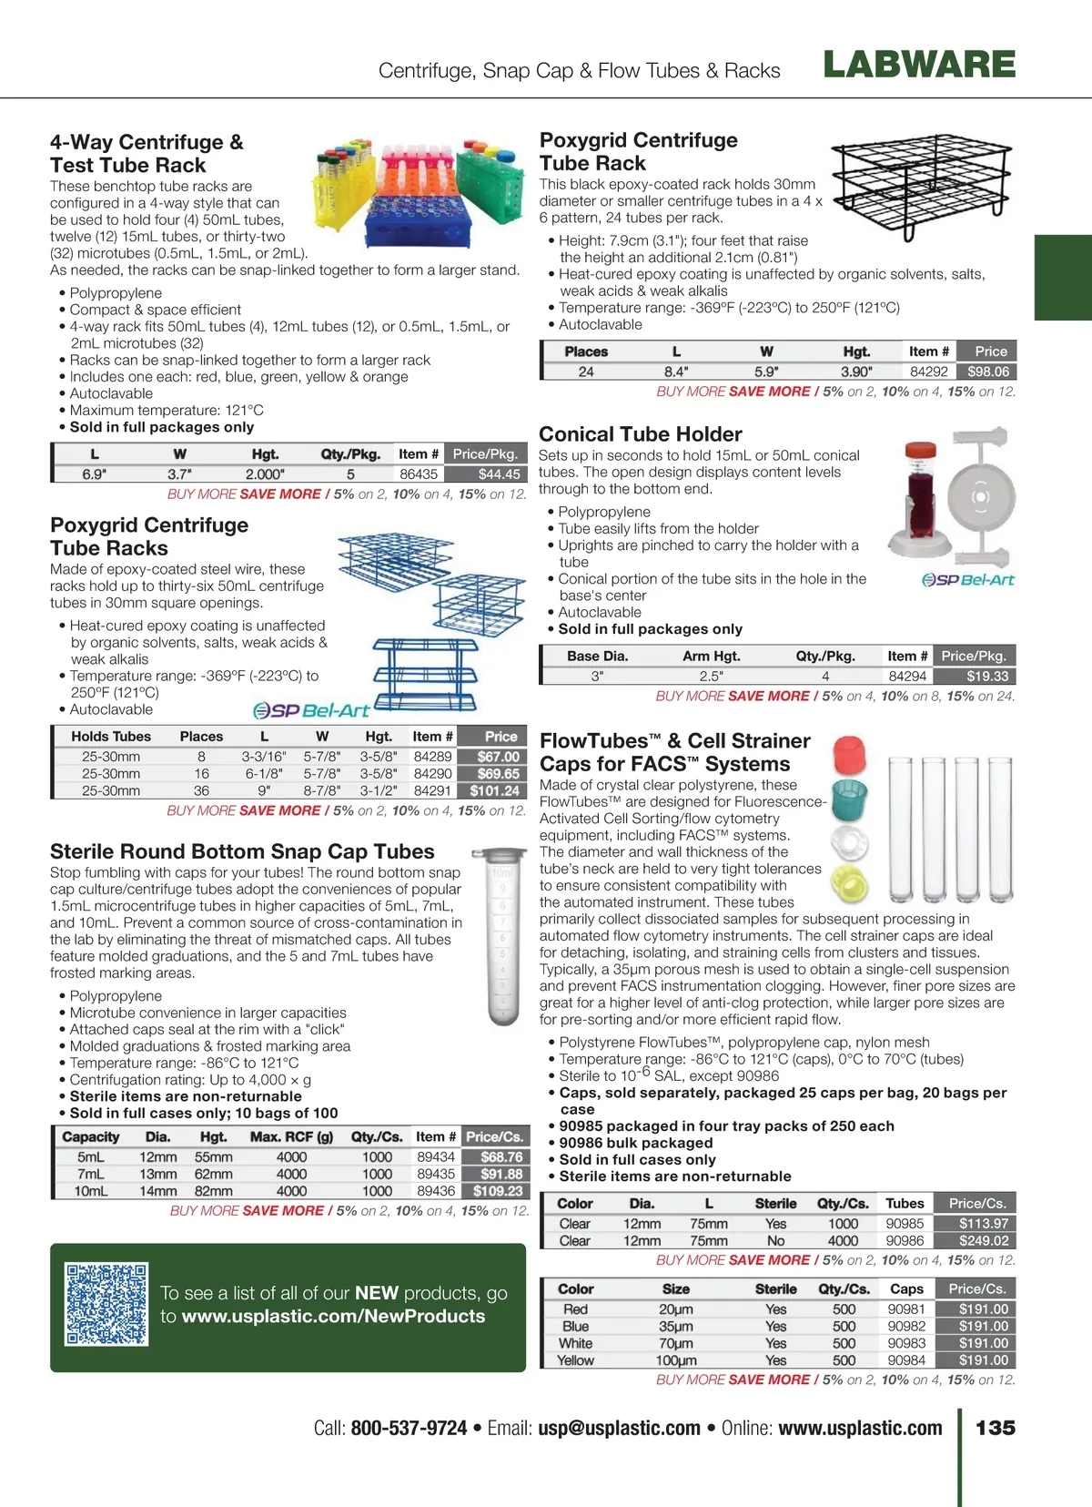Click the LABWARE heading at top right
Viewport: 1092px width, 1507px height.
point(919,65)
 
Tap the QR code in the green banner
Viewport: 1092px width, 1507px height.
point(106,1304)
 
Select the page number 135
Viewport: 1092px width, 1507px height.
point(995,1427)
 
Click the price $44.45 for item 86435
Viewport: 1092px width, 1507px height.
point(499,473)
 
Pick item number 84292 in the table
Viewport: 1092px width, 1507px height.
point(928,372)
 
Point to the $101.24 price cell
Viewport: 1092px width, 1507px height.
point(495,791)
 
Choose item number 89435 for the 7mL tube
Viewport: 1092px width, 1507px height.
point(436,1174)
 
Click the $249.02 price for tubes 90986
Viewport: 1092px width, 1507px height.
point(983,1240)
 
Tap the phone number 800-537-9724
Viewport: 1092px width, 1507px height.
point(409,1428)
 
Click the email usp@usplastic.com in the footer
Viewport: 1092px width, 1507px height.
point(619,1428)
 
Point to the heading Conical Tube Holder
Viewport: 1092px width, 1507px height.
point(640,434)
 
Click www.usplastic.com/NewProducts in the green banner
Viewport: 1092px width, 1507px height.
point(333,1316)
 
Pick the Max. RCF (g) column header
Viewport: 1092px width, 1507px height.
point(291,1136)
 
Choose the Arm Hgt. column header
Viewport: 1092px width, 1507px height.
point(711,656)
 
